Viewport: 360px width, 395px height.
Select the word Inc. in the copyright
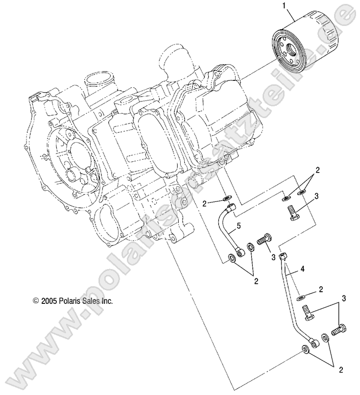pyautogui.click(x=107, y=302)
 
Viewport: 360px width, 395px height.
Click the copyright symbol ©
pyautogui.click(x=35, y=302)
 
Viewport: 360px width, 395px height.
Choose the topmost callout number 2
pyautogui.click(x=317, y=171)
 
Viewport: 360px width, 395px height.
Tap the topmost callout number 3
pyautogui.click(x=331, y=196)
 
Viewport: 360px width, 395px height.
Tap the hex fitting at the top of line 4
pyautogui.click(x=283, y=257)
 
